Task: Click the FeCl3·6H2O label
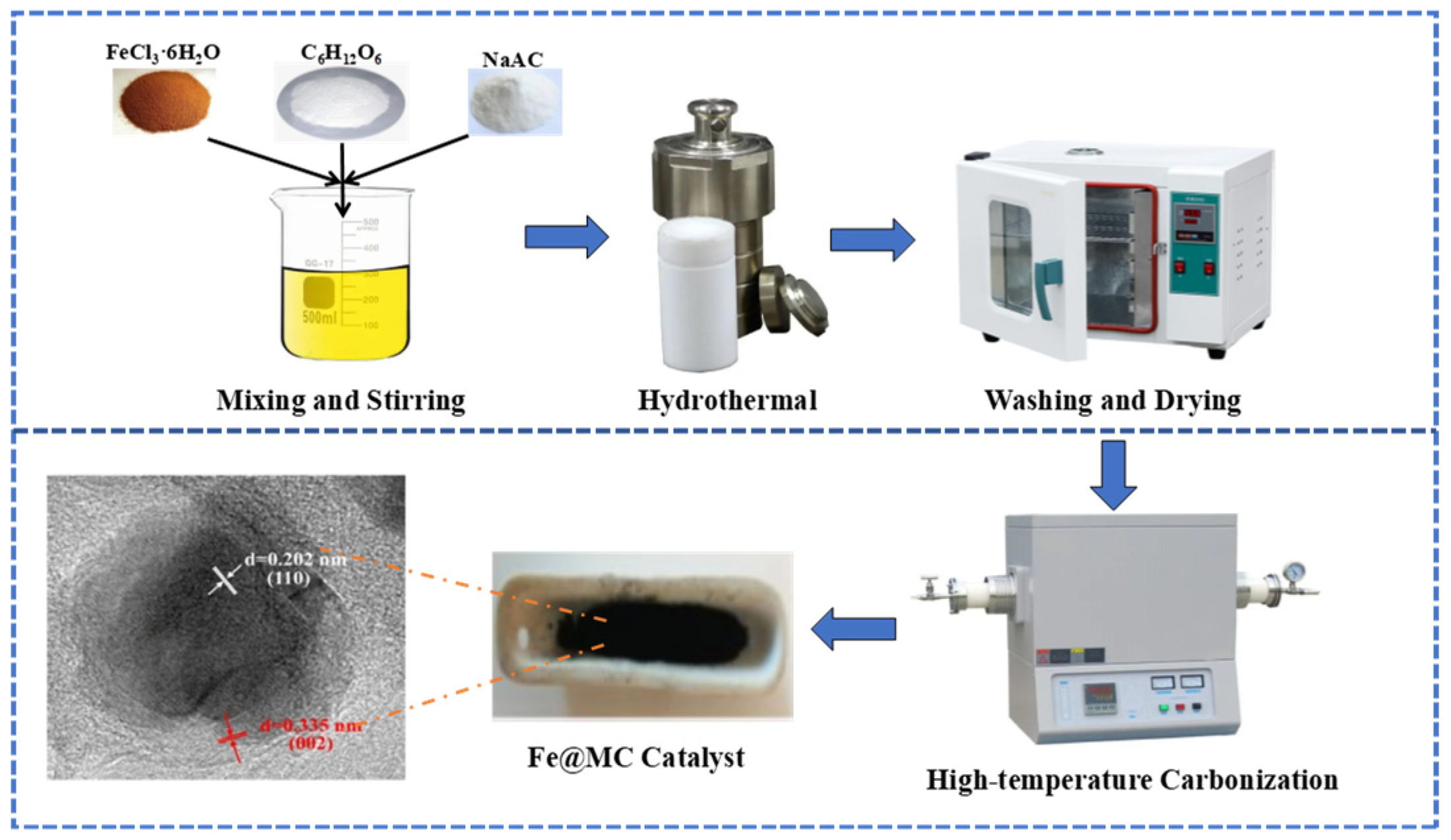[x=163, y=53]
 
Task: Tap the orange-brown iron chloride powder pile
[x=165, y=102]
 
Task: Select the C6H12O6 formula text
[x=341, y=53]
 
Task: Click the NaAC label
[x=512, y=60]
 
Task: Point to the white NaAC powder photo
[x=515, y=102]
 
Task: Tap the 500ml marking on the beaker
[x=319, y=318]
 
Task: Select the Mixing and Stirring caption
[x=341, y=401]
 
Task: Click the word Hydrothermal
[x=727, y=401]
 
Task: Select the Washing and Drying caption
[x=1112, y=401]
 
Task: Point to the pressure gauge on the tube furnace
[x=1294, y=571]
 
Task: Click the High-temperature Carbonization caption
[x=1132, y=780]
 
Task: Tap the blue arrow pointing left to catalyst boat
[x=854, y=629]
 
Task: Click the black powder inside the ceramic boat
[x=652, y=632]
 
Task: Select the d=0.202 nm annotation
[x=294, y=560]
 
